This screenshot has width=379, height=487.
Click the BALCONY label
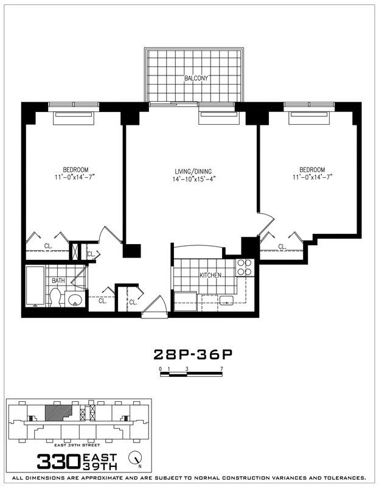[196, 79]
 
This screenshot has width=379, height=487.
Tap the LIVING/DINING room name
[194, 170]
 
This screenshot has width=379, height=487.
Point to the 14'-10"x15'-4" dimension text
[194, 179]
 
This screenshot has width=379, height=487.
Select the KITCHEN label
[210, 276]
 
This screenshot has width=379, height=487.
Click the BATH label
[58, 281]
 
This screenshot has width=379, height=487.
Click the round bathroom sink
[76, 300]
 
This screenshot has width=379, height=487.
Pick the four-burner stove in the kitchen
[245, 267]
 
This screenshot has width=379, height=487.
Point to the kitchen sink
[227, 300]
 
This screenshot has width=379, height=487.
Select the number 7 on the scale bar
[223, 369]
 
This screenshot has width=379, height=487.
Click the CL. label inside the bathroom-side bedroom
[47, 246]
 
